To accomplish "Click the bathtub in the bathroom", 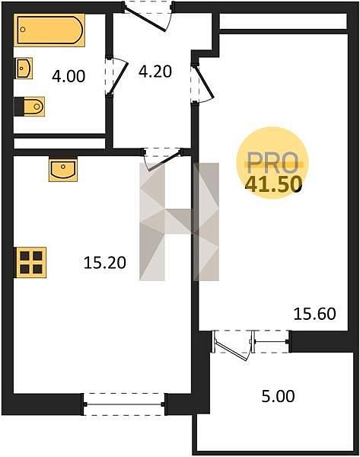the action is pyautogui.click(x=49, y=30).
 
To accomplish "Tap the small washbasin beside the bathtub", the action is pyautogui.click(x=24, y=69).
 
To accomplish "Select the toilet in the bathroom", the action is pyautogui.click(x=30, y=107).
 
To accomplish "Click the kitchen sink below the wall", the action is pyautogui.click(x=63, y=170).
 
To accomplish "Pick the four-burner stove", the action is pyautogui.click(x=30, y=262).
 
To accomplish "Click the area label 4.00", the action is pyautogui.click(x=68, y=76).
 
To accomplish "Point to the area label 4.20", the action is pyautogui.click(x=155, y=72).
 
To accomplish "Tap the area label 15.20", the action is pyautogui.click(x=105, y=262).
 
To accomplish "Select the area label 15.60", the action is pyautogui.click(x=315, y=314).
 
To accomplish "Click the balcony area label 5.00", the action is pyautogui.click(x=278, y=396).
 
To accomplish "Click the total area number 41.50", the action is pyautogui.click(x=273, y=184).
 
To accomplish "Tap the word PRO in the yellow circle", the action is pyautogui.click(x=272, y=163).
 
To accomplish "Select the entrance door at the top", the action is pyautogui.click(x=148, y=17).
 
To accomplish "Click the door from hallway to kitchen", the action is pyautogui.click(x=163, y=159).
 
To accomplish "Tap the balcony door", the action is pyautogui.click(x=232, y=345).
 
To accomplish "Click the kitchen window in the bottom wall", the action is pyautogui.click(x=124, y=404).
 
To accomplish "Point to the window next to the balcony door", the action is pyautogui.click(x=272, y=341).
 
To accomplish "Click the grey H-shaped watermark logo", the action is pyautogui.click(x=179, y=222).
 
